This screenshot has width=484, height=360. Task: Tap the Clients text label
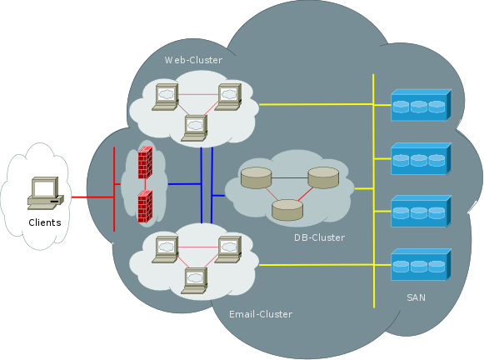(44, 222)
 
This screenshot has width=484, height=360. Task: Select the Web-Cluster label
(193, 60)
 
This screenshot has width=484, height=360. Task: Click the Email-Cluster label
(261, 314)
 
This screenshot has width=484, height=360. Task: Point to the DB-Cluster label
(319, 237)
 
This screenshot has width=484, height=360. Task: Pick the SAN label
(417, 297)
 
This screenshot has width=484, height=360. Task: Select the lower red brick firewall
(145, 205)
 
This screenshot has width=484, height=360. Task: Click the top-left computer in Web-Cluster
(165, 96)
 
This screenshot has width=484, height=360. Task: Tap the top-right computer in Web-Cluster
(229, 96)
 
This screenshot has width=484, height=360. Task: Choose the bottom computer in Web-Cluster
(196, 127)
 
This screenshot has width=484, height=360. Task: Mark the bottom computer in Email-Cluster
(196, 279)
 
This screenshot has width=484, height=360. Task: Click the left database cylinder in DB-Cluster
(256, 177)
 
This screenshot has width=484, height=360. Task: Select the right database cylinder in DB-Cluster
(323, 177)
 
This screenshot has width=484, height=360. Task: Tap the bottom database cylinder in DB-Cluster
(288, 209)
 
